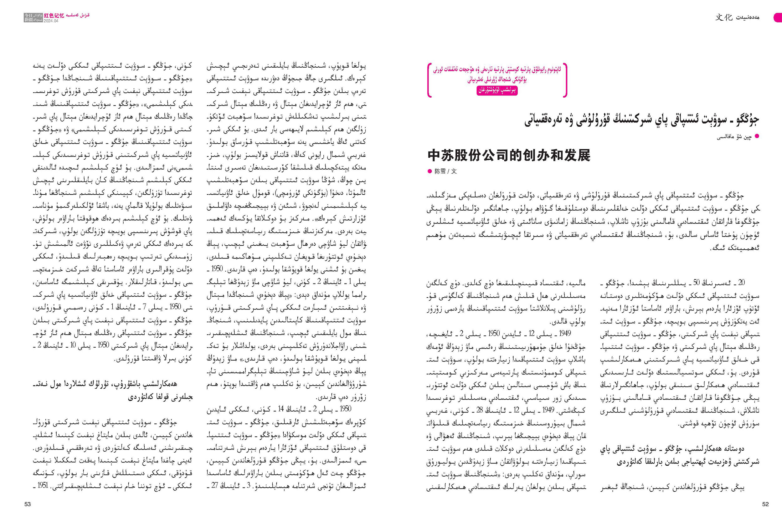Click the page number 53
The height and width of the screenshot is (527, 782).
pyautogui.click(x=28, y=504)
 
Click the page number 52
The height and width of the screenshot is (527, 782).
pyautogui.click(x=765, y=504)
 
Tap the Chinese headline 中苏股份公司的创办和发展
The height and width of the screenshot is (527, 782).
pyautogui.click(x=509, y=156)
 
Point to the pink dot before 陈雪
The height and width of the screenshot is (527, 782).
pyautogui.click(x=429, y=171)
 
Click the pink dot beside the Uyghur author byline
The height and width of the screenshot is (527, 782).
pyautogui.click(x=757, y=136)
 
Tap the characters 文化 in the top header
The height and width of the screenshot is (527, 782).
pyautogui.click(x=723, y=17)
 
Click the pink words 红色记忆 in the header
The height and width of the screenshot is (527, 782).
pyautogui.click(x=54, y=15)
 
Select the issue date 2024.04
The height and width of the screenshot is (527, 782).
pyautogui.click(x=51, y=21)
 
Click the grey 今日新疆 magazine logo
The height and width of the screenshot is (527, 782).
pyautogui.click(x=33, y=18)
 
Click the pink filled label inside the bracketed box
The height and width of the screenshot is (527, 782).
pyautogui.click(x=497, y=90)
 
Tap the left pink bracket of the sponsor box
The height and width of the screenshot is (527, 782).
pyautogui.click(x=429, y=80)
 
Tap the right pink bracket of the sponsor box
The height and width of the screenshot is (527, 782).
pyautogui.click(x=565, y=80)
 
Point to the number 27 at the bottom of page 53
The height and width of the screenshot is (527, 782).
pyautogui.click(x=215, y=486)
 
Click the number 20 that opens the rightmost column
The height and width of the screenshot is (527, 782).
pyautogui.click(x=741, y=282)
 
